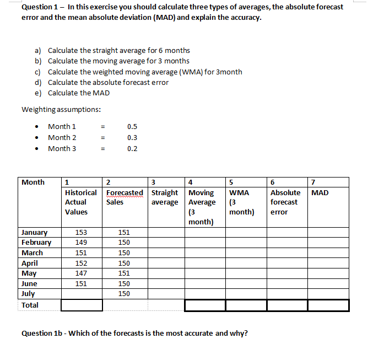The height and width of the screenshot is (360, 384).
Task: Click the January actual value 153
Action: click(x=82, y=233)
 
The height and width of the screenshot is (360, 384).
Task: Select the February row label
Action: click(x=36, y=243)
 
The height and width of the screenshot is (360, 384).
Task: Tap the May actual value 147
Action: click(x=82, y=273)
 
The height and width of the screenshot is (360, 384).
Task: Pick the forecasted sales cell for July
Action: click(x=124, y=294)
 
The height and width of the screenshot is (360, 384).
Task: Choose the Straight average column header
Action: click(x=165, y=197)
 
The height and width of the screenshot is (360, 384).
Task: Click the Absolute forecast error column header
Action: click(x=285, y=202)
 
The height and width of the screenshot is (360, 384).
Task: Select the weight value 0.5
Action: click(x=132, y=127)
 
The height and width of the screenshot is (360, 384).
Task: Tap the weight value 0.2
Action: click(x=132, y=148)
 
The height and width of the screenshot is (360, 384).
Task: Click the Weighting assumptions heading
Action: click(x=61, y=109)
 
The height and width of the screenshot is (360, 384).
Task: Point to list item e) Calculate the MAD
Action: click(x=78, y=93)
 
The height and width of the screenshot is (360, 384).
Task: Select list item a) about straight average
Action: click(x=118, y=50)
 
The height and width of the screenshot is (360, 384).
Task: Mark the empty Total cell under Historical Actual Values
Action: click(x=82, y=305)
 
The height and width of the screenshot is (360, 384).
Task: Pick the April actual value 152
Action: click(x=82, y=264)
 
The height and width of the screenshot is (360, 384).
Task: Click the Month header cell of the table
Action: click(x=33, y=182)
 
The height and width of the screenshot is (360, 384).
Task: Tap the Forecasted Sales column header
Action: click(x=124, y=197)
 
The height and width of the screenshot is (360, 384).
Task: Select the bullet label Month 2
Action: click(x=62, y=138)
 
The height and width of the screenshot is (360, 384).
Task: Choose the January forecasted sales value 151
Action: click(x=124, y=233)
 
